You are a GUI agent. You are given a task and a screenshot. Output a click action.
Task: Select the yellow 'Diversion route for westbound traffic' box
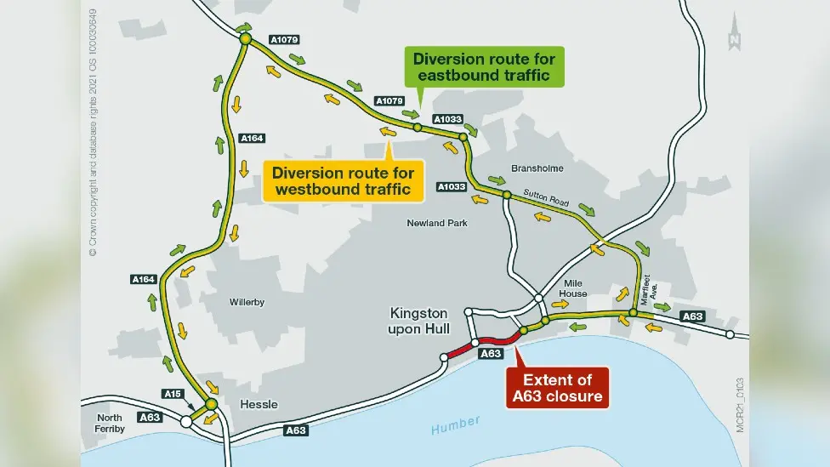point(348,180)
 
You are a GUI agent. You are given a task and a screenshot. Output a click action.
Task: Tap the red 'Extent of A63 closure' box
point(557,388)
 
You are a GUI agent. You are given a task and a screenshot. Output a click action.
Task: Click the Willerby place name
point(250,302)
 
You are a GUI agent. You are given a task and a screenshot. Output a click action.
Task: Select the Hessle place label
point(259,404)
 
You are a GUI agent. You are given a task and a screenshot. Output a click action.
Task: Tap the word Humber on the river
point(455,422)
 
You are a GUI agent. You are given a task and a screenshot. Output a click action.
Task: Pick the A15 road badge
point(173,393)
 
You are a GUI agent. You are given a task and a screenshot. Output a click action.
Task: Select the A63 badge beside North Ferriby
point(150,417)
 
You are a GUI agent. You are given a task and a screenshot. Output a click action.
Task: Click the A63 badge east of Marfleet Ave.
point(693,316)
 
